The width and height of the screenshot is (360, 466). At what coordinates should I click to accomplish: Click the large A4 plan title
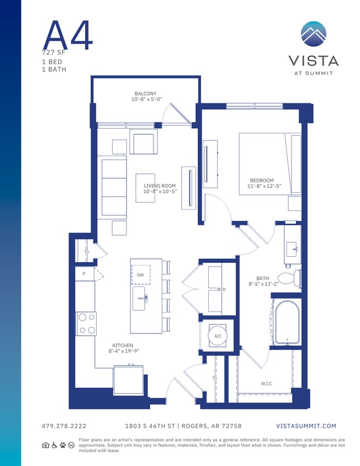click(68, 35)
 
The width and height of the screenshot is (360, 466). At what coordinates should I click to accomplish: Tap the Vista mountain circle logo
click(313, 34)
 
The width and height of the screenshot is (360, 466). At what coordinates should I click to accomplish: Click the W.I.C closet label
click(266, 383)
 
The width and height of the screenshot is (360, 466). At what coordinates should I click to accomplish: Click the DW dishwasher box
click(140, 274)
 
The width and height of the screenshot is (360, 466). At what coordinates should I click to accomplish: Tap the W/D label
click(221, 289)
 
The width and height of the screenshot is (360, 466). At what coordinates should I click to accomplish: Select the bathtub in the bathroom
click(287, 323)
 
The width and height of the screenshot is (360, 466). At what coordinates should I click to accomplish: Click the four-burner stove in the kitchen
click(86, 324)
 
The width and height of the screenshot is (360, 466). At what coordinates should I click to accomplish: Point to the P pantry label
click(84, 273)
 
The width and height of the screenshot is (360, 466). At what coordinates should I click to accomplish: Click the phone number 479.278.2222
click(64, 426)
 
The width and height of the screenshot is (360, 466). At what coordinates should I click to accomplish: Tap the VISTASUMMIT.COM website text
click(305, 426)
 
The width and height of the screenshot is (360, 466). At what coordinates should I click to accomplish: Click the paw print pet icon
click(63, 445)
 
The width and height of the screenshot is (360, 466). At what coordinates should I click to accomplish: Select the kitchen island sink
click(139, 298)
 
